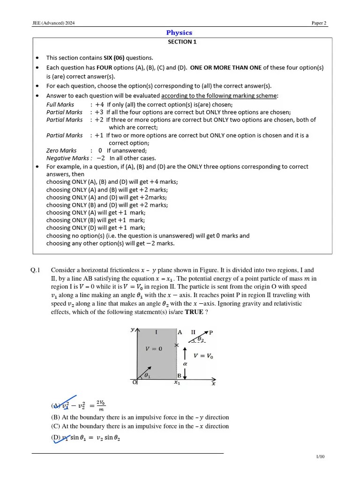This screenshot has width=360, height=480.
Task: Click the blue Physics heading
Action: click(179, 33)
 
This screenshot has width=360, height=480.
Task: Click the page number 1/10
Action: click(320, 457)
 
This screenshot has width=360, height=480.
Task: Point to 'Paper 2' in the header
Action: click(319, 23)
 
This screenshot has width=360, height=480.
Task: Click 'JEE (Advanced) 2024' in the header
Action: click(50, 23)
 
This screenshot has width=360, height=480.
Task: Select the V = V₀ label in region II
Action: click(203, 356)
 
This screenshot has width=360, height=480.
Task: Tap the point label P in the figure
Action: click(211, 332)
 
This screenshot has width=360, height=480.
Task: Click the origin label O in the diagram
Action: click(134, 382)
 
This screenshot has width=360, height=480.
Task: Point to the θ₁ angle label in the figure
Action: click(147, 375)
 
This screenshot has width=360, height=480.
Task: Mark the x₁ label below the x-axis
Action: click(177, 383)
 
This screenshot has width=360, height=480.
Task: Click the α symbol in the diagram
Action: click(185, 363)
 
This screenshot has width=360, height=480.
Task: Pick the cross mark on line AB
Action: click(176, 345)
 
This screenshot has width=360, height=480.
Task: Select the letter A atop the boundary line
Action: click(180, 331)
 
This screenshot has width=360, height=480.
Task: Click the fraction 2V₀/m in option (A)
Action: click(101, 405)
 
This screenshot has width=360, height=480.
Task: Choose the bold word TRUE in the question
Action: click(195, 312)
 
